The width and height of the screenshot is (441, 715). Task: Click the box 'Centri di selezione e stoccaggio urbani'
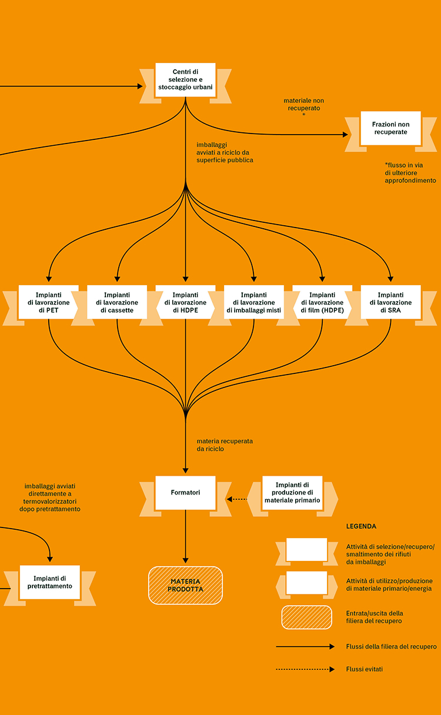tap(185, 80)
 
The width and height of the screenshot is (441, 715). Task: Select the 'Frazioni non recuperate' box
tap(390, 128)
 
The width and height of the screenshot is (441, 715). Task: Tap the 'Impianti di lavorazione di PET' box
tap(48, 302)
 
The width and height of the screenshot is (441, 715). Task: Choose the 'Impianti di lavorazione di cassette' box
tap(117, 302)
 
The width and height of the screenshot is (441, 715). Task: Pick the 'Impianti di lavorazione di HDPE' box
tap(185, 302)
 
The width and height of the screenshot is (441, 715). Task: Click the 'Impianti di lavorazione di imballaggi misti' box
tap(253, 302)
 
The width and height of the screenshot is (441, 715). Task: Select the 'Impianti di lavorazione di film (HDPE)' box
tap(322, 302)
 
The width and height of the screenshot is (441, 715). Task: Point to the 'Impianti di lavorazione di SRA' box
tap(390, 302)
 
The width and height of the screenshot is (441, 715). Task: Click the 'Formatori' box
tap(185, 493)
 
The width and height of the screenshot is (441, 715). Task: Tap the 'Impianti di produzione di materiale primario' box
tap(292, 493)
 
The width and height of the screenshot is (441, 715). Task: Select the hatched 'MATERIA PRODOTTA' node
tap(185, 585)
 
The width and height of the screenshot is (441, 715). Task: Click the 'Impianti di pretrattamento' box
tap(50, 582)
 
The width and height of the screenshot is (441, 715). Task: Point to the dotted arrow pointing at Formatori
tap(237, 499)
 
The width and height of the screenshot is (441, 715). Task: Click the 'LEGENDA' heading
tap(361, 526)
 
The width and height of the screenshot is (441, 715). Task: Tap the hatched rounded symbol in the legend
tap(307, 617)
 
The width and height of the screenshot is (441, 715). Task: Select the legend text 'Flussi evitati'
tap(365, 669)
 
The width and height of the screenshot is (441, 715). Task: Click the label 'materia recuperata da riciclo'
tap(225, 445)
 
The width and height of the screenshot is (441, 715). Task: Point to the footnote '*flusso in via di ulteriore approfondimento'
tap(410, 173)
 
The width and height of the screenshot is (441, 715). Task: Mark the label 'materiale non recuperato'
tap(304, 105)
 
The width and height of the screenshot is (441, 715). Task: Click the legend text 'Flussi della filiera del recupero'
tap(391, 646)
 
